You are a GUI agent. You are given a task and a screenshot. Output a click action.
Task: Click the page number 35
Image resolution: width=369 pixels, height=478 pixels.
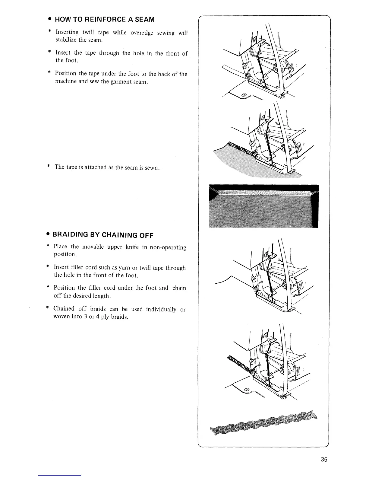[324, 460]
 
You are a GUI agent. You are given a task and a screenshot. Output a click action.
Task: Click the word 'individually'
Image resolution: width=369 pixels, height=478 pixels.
[161, 309]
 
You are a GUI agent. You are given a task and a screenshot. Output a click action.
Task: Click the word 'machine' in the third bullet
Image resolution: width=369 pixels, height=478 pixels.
[65, 82]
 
